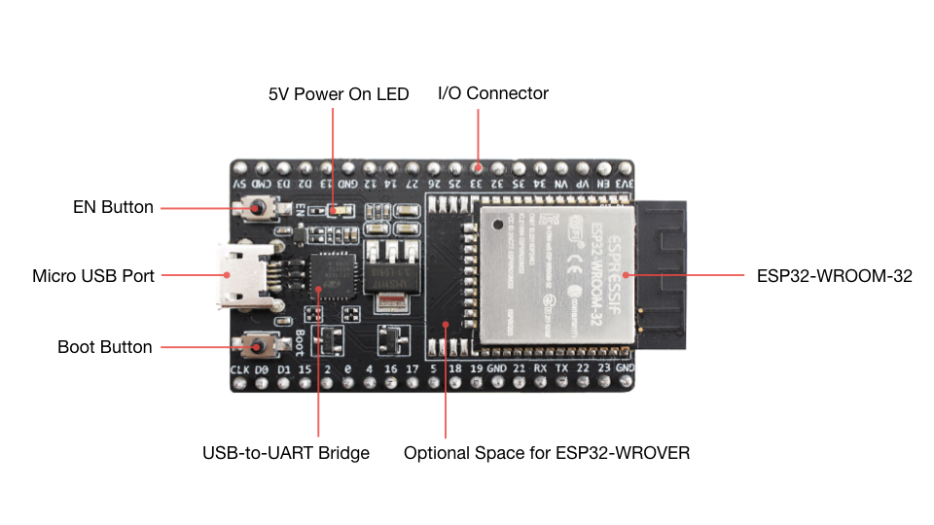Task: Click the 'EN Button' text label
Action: [x=114, y=207]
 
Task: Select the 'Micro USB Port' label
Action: [x=93, y=276]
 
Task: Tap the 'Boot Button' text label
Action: [x=105, y=347]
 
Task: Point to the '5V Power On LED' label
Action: [x=339, y=94]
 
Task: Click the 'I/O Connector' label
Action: [x=493, y=93]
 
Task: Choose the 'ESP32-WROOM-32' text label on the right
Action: [x=835, y=276]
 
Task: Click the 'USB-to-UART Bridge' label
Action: [x=286, y=453]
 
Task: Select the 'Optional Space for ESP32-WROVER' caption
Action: [x=547, y=453]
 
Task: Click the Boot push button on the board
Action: [x=259, y=345]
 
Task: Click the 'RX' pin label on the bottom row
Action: [x=540, y=370]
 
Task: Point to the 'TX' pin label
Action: [x=561, y=370]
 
